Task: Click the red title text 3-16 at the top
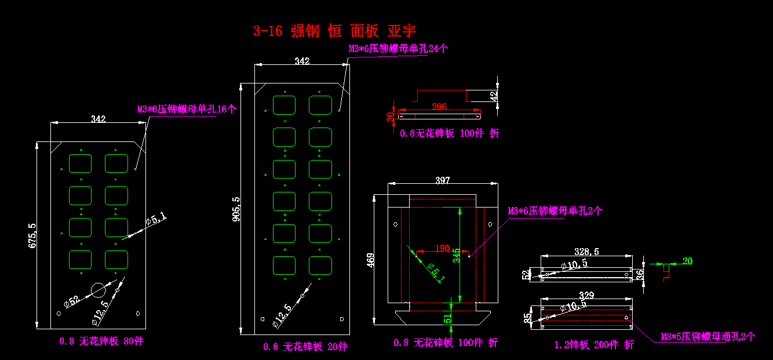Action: (x=268, y=31)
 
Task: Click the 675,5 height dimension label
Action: (x=32, y=236)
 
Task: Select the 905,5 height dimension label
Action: (x=236, y=213)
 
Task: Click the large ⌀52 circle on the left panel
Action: (x=100, y=290)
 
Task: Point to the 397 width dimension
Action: (x=442, y=181)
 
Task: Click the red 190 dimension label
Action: (x=442, y=249)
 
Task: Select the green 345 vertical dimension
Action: (x=457, y=255)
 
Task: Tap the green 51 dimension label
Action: (x=447, y=318)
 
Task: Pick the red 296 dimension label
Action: (x=440, y=107)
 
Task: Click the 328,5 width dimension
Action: (x=586, y=252)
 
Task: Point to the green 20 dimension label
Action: (x=687, y=261)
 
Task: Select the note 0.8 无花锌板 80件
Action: (x=101, y=341)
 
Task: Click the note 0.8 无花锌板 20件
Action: (x=305, y=347)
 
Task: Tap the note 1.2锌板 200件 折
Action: (x=594, y=345)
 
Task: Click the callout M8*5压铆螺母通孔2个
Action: (x=708, y=336)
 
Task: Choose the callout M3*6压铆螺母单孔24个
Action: (x=398, y=49)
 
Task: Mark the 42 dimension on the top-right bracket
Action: (x=494, y=96)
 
